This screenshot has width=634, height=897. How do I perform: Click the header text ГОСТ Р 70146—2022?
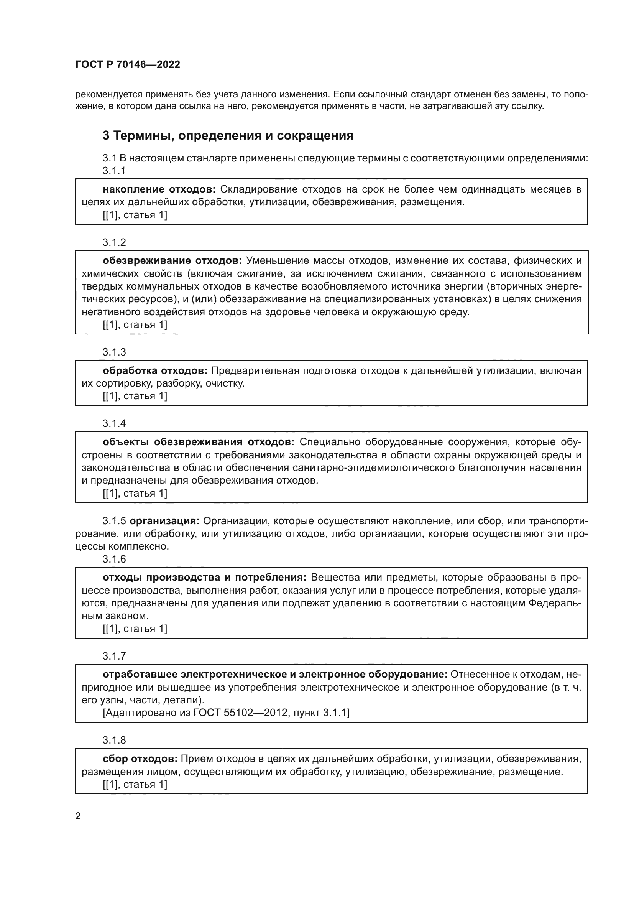tap(128, 64)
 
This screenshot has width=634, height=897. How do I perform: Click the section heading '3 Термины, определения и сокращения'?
tap(228, 135)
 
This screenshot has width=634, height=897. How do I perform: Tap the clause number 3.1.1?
tap(114, 171)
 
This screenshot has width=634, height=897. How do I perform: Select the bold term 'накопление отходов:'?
tap(159, 189)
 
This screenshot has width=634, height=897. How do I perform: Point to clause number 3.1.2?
tap(114, 242)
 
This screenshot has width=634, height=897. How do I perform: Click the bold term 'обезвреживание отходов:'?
tap(172, 260)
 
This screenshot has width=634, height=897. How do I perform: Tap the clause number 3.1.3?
tap(114, 352)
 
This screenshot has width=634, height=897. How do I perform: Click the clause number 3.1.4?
tap(114, 423)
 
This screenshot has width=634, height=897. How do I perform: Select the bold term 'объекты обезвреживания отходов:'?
tap(198, 442)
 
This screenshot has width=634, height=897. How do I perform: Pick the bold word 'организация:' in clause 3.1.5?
tap(164, 521)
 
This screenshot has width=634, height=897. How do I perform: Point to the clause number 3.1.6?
tap(114, 559)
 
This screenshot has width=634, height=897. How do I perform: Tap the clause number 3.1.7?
tap(114, 656)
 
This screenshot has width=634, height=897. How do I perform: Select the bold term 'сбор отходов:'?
tap(140, 759)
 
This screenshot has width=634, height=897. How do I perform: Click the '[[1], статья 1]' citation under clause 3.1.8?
tap(135, 785)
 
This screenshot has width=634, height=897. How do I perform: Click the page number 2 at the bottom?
tap(78, 816)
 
